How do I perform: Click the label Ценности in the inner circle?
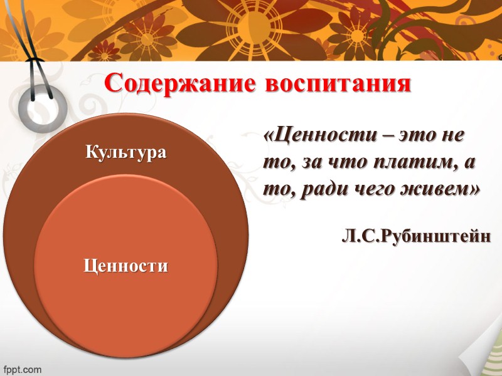pos(126,266)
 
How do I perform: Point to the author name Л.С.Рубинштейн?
pos(417,238)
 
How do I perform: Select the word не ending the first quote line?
pos(461,135)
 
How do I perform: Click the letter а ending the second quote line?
pos(469,162)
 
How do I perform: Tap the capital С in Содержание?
pos(114,84)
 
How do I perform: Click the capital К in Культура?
pos(90,152)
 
